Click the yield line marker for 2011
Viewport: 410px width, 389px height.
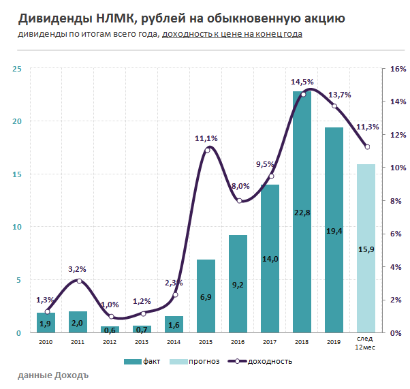[x=79, y=281]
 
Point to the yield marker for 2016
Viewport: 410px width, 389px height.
[x=239, y=201]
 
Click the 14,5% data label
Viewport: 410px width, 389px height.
[x=303, y=82]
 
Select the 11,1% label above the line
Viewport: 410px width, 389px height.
[x=206, y=138]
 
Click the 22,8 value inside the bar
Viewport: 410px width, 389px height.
[x=302, y=213]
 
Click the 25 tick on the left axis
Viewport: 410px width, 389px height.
[x=17, y=69]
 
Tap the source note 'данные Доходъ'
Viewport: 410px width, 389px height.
[x=53, y=375]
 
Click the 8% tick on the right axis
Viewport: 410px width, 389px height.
[x=398, y=201]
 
